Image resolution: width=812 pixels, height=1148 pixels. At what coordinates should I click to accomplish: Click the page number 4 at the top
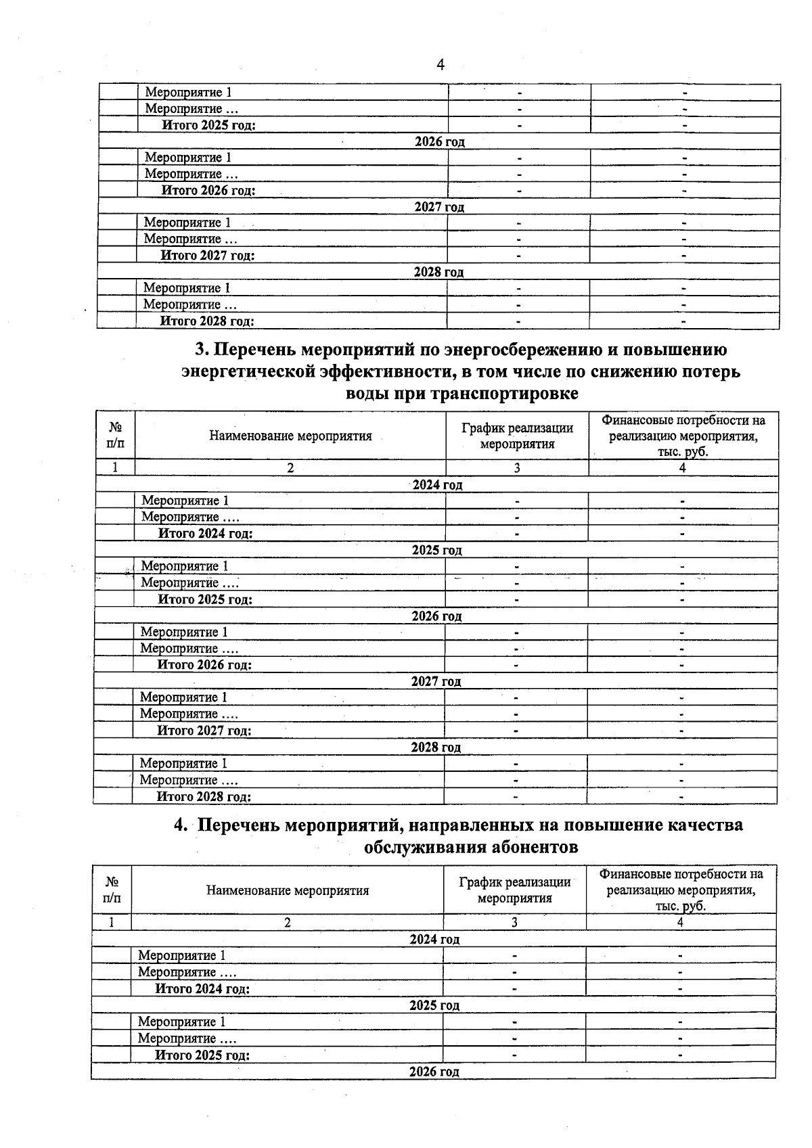click(440, 65)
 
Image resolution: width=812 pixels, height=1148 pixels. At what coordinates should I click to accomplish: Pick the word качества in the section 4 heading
click(704, 825)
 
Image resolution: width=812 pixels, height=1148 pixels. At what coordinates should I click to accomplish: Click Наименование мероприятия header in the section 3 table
click(290, 436)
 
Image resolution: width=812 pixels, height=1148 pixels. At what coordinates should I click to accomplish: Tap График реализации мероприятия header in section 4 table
click(514, 890)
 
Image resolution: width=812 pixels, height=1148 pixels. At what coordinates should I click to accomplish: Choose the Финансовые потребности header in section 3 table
click(683, 436)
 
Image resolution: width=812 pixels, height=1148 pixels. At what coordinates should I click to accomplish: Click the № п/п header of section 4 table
click(112, 890)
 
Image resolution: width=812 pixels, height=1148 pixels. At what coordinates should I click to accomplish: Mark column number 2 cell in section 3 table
click(290, 467)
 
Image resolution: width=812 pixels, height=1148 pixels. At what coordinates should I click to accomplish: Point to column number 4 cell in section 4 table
click(680, 922)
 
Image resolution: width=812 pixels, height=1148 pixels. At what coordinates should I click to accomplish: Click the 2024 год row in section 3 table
click(437, 484)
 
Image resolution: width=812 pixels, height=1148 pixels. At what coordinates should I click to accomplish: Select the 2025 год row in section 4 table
click(434, 1005)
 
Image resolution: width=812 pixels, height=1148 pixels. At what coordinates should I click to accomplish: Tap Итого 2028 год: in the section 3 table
click(204, 796)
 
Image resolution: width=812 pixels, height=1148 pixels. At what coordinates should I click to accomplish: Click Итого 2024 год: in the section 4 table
click(202, 988)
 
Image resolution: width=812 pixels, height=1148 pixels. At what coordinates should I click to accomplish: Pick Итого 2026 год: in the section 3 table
click(204, 664)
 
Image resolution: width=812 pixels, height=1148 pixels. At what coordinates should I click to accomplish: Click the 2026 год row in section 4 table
click(434, 1072)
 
